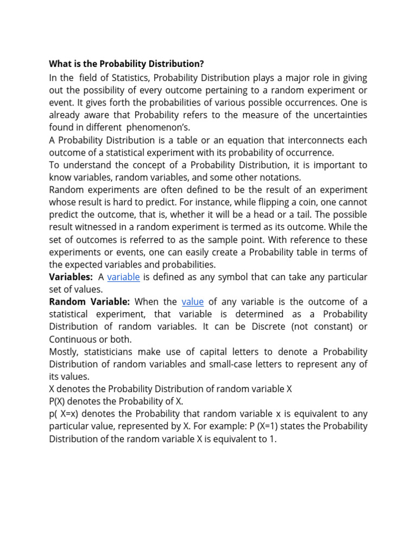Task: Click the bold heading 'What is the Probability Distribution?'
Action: [x=127, y=64]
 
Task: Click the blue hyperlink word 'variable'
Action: [x=123, y=277]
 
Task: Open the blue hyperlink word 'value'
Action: [x=192, y=302]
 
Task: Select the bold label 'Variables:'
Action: [x=71, y=277]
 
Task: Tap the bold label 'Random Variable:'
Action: [x=90, y=302]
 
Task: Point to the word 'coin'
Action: [x=308, y=202]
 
